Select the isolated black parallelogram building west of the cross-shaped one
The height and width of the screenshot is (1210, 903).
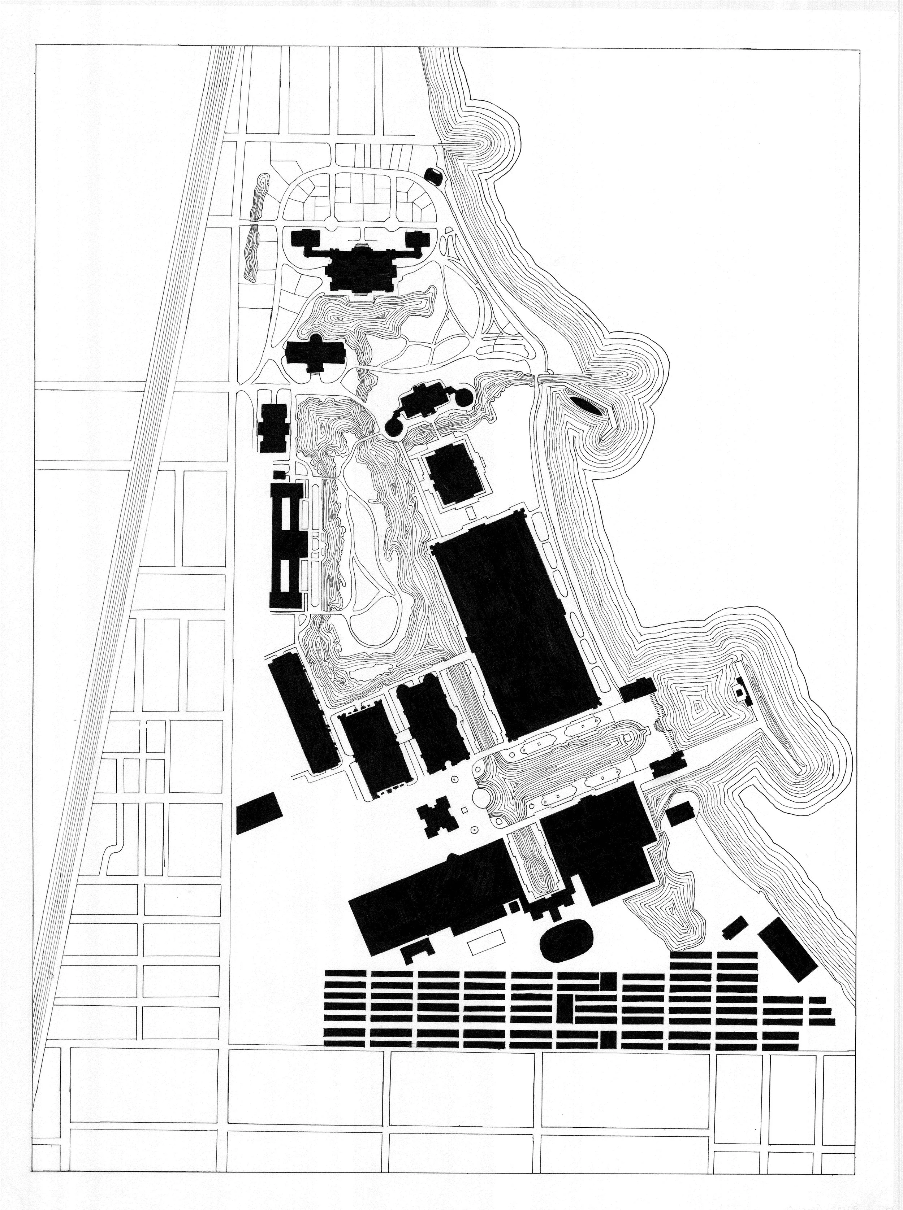click(x=258, y=814)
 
